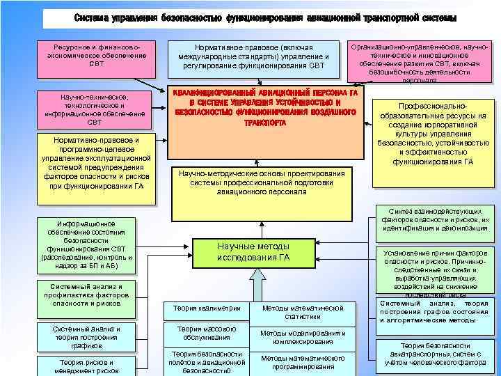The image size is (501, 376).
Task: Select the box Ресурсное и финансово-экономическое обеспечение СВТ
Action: pyautogui.click(x=96, y=54)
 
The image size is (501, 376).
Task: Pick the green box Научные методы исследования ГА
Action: pyautogui.click(x=253, y=251)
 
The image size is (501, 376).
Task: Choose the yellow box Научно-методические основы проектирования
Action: pyautogui.click(x=261, y=182)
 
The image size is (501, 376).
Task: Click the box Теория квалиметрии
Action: pyautogui.click(x=202, y=308)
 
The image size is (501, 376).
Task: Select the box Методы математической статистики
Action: pyautogui.click(x=303, y=312)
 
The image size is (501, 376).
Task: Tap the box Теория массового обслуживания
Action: pyautogui.click(x=202, y=333)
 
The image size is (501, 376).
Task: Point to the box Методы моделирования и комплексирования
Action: pyautogui.click(x=303, y=337)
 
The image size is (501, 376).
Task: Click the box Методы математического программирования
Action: pyautogui.click(x=303, y=362)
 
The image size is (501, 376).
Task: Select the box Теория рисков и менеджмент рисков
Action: pyautogui.click(x=86, y=365)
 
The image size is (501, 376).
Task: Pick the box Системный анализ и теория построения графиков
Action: pyautogui.click(x=86, y=337)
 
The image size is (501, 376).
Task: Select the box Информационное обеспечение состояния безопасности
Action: pyautogui.click(x=87, y=244)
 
